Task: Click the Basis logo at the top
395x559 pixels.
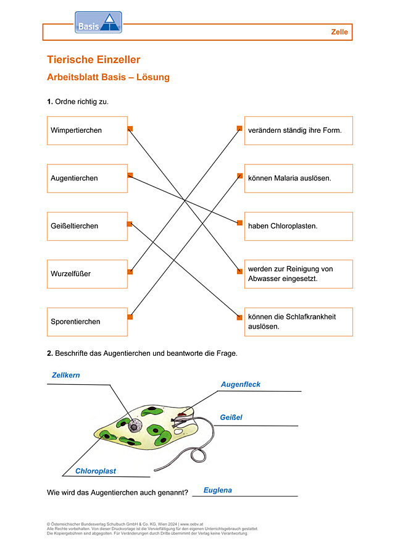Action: click(x=98, y=22)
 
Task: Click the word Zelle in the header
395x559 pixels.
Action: click(x=339, y=32)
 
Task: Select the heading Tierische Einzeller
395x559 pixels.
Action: click(x=94, y=59)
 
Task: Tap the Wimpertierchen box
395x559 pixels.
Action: click(x=87, y=130)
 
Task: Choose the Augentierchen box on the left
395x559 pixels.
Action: click(x=87, y=179)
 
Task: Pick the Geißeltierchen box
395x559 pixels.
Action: click(x=87, y=226)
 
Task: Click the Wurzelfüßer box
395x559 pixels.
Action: click(x=87, y=274)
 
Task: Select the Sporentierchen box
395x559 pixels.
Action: click(x=87, y=322)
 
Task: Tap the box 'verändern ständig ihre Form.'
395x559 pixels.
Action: click(x=299, y=130)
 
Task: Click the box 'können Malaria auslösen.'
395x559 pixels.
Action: click(x=299, y=179)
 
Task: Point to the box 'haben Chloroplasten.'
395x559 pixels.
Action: click(x=299, y=226)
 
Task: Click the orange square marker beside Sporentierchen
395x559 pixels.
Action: click(x=130, y=317)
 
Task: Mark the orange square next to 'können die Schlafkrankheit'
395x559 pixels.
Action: click(x=239, y=317)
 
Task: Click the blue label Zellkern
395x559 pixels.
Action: click(x=66, y=375)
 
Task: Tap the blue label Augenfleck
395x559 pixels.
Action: click(x=241, y=384)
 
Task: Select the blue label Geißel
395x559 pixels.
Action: click(x=231, y=418)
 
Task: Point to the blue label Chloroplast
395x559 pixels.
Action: click(x=96, y=471)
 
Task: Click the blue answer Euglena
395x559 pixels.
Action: click(x=218, y=490)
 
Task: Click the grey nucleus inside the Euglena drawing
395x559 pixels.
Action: click(x=135, y=426)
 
